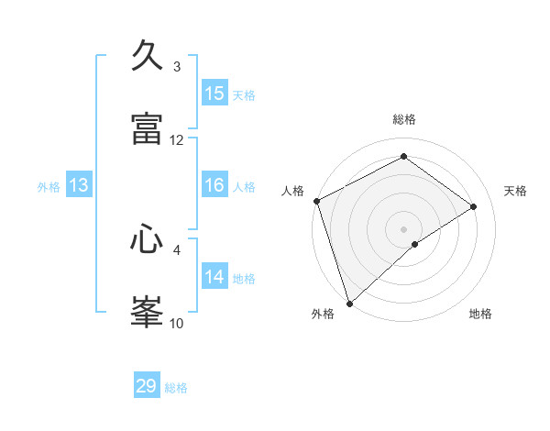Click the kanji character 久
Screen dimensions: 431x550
click(x=148, y=56)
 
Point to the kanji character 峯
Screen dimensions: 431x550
click(x=148, y=311)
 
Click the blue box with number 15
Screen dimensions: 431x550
click(x=214, y=94)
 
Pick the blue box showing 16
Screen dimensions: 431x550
click(x=214, y=185)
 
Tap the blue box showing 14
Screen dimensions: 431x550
click(x=214, y=277)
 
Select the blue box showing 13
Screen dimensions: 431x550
click(x=79, y=185)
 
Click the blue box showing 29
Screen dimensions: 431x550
click(x=147, y=386)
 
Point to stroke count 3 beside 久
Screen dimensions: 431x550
click(x=177, y=67)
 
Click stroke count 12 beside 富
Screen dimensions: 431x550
click(x=177, y=140)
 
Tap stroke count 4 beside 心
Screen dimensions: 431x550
click(x=177, y=249)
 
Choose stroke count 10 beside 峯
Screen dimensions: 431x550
click(x=177, y=323)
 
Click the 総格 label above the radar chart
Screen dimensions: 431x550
click(x=403, y=119)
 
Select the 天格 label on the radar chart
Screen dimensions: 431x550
click(x=516, y=191)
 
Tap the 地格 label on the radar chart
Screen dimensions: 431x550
click(x=480, y=314)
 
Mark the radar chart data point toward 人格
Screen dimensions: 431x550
click(x=316, y=201)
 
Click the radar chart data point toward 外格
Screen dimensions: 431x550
click(x=349, y=303)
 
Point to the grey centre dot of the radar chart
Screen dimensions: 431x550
click(x=403, y=228)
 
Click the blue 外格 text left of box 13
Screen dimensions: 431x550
click(x=49, y=186)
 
